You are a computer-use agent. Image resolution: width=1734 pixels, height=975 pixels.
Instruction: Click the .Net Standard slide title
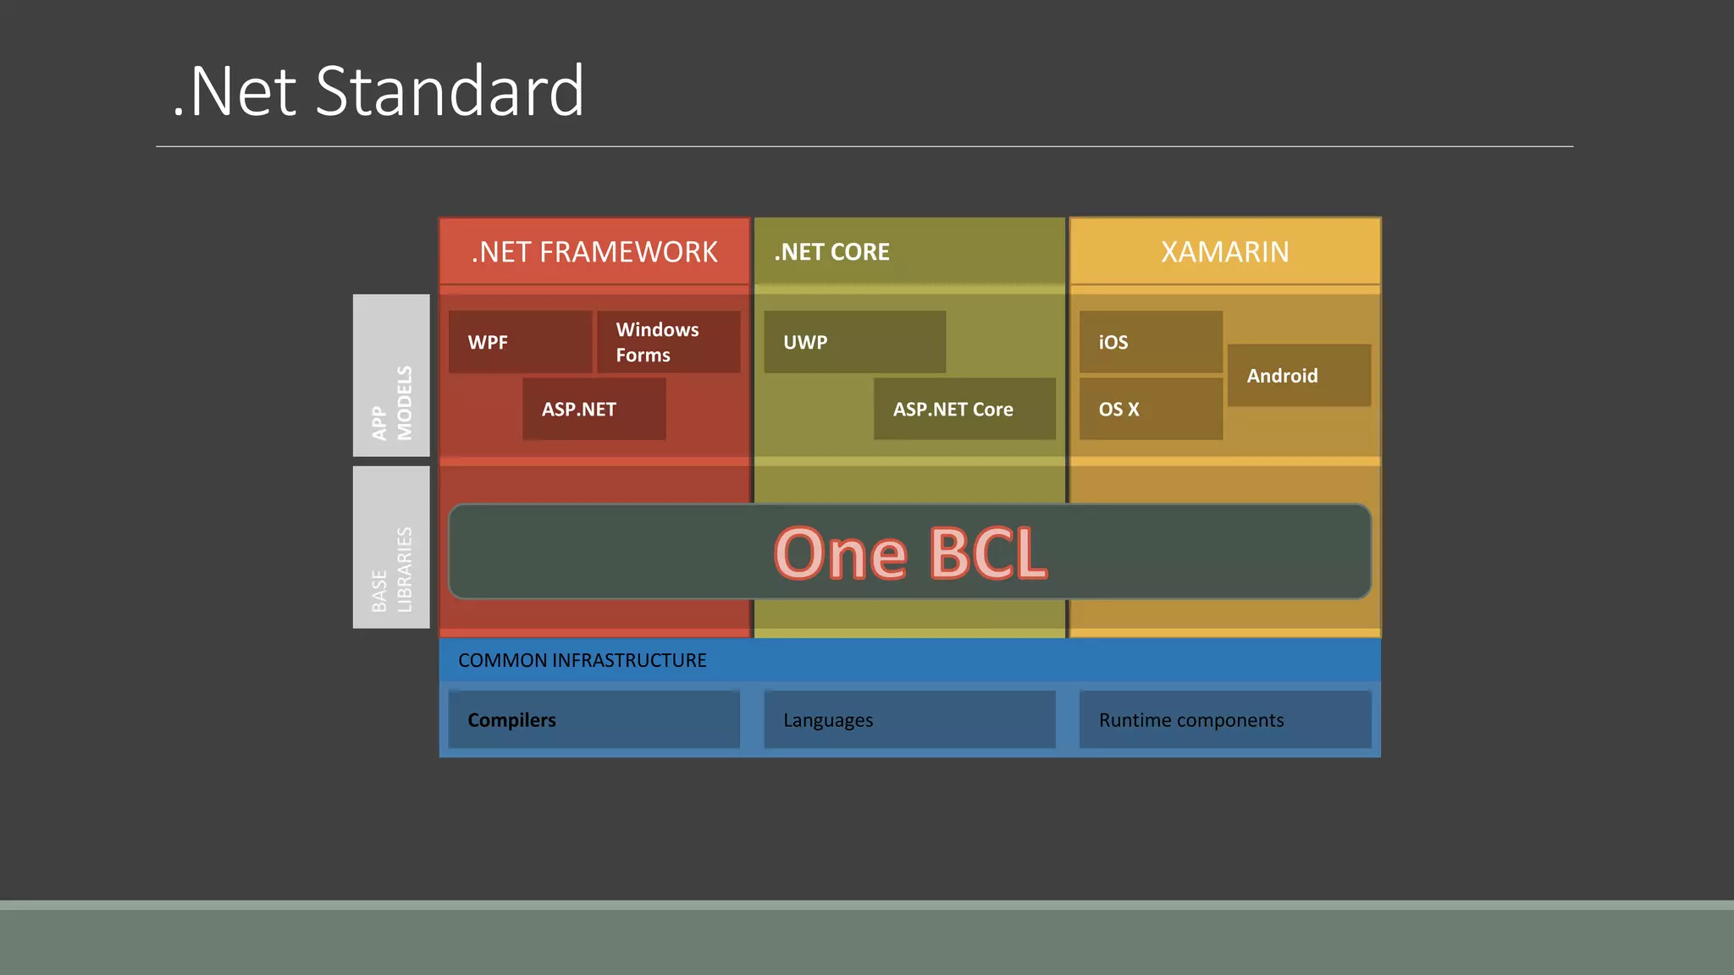378,91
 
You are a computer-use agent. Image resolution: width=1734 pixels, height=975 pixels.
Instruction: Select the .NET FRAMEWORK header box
594,251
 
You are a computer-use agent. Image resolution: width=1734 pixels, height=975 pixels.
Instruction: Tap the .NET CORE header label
831,252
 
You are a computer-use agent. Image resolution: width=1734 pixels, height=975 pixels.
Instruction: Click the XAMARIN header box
1224,251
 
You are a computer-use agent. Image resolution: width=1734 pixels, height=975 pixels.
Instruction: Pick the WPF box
520,342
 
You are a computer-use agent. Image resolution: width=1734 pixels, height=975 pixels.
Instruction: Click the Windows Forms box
668,342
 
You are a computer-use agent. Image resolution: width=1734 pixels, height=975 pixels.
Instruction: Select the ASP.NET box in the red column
594,409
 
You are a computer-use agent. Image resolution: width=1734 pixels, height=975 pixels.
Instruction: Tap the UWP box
854,342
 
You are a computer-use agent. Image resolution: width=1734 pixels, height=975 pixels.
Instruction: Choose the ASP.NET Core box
964,409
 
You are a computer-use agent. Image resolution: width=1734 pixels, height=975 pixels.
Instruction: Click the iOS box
1151,342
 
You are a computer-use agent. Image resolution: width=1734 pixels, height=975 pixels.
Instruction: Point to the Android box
1299,375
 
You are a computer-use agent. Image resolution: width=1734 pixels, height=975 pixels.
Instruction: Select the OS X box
1151,409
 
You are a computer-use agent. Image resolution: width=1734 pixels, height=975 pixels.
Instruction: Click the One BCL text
910,553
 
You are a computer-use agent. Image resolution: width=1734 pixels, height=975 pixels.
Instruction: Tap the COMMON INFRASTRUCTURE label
583,660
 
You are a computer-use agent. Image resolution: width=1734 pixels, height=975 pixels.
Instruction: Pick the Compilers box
594,719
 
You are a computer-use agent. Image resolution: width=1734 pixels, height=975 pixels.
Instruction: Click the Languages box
909,719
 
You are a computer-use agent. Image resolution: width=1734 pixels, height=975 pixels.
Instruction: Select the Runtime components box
1224,719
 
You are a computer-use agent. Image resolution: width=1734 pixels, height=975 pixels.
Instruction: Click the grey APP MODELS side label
391,376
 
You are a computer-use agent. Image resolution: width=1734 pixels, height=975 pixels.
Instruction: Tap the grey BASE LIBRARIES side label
391,548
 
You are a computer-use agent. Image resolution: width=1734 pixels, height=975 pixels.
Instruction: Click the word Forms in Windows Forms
643,355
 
